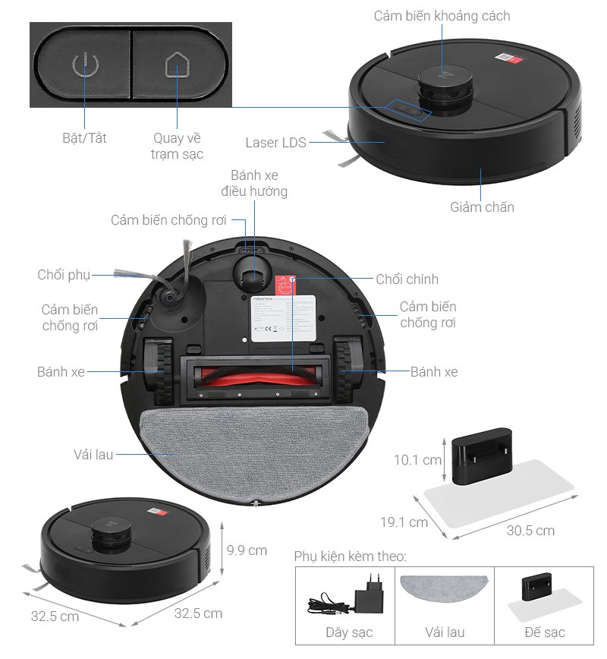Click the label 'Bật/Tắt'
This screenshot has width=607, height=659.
(x=84, y=139)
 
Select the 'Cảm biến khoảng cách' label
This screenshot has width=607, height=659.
(x=442, y=16)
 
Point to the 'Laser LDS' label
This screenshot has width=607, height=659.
(x=275, y=143)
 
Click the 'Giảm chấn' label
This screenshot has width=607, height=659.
(x=482, y=207)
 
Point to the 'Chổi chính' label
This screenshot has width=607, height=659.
(x=407, y=279)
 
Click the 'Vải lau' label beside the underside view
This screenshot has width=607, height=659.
(x=93, y=454)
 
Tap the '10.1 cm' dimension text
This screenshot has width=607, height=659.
(x=417, y=460)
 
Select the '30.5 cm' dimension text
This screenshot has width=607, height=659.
(x=530, y=530)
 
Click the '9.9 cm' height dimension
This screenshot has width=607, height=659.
(x=247, y=550)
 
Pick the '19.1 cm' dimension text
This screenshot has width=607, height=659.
(x=403, y=522)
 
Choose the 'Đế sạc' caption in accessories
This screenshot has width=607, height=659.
(x=544, y=632)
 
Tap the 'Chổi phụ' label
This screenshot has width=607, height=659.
(x=64, y=275)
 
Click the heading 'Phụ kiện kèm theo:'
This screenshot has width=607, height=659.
(x=351, y=557)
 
